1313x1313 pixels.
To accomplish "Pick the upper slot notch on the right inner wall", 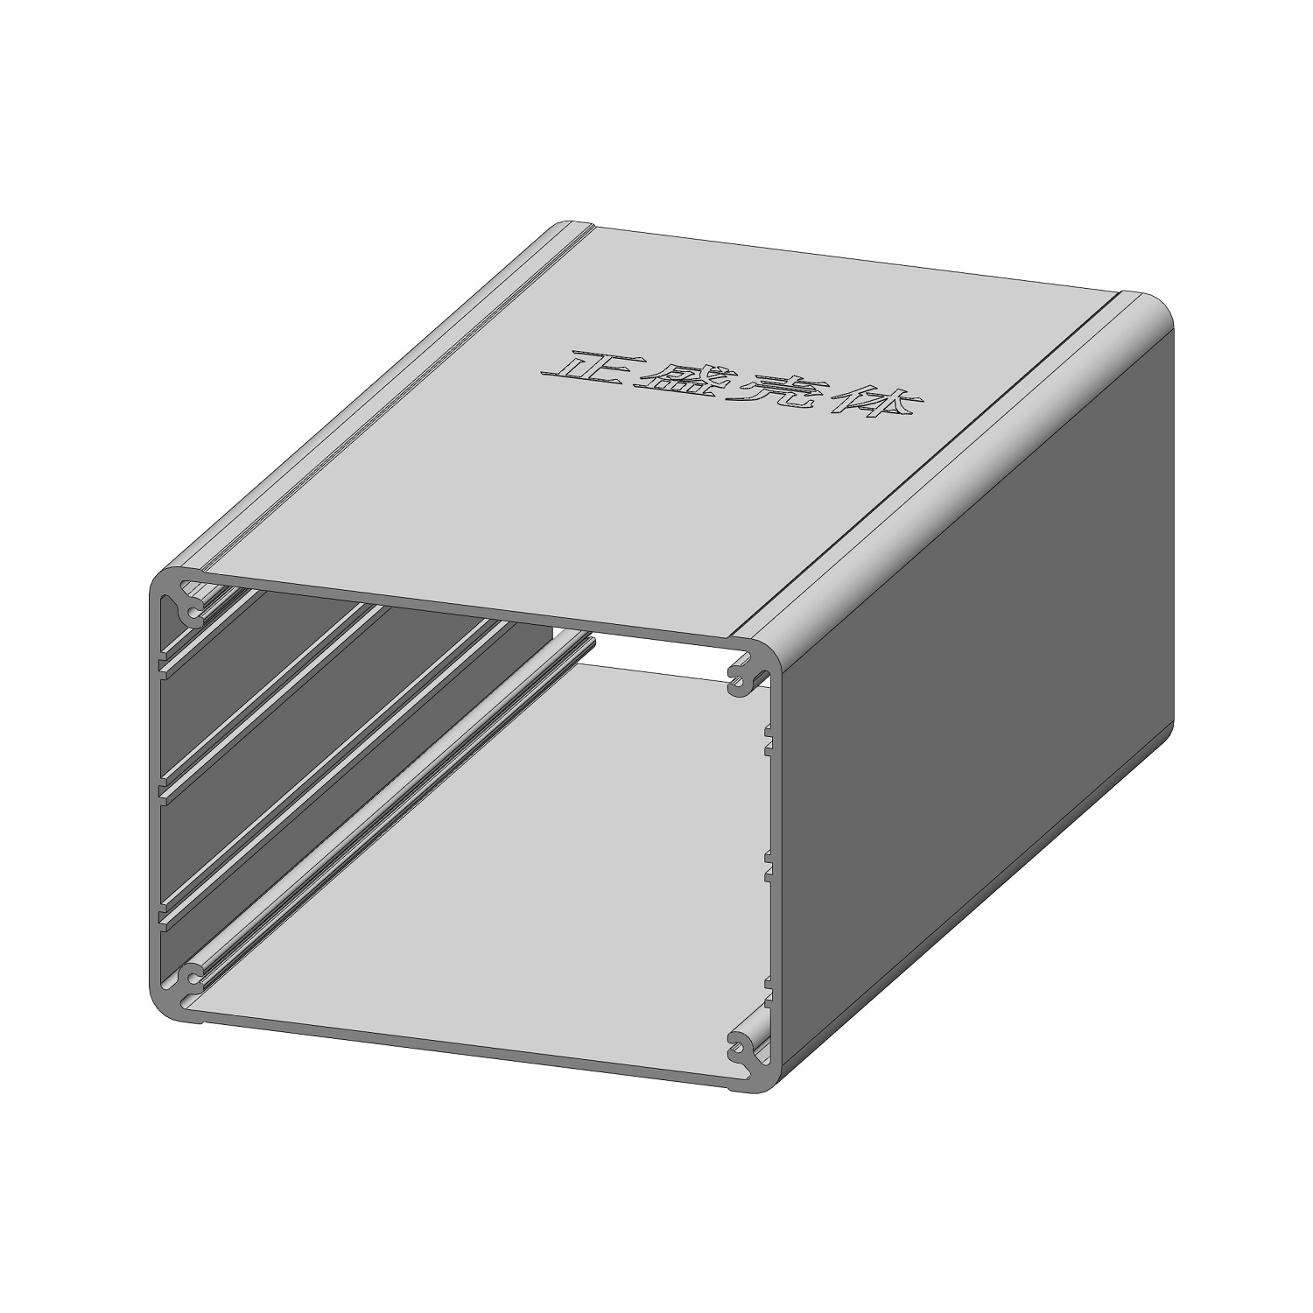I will (x=769, y=738).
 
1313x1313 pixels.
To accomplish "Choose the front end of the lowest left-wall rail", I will (x=164, y=915).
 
